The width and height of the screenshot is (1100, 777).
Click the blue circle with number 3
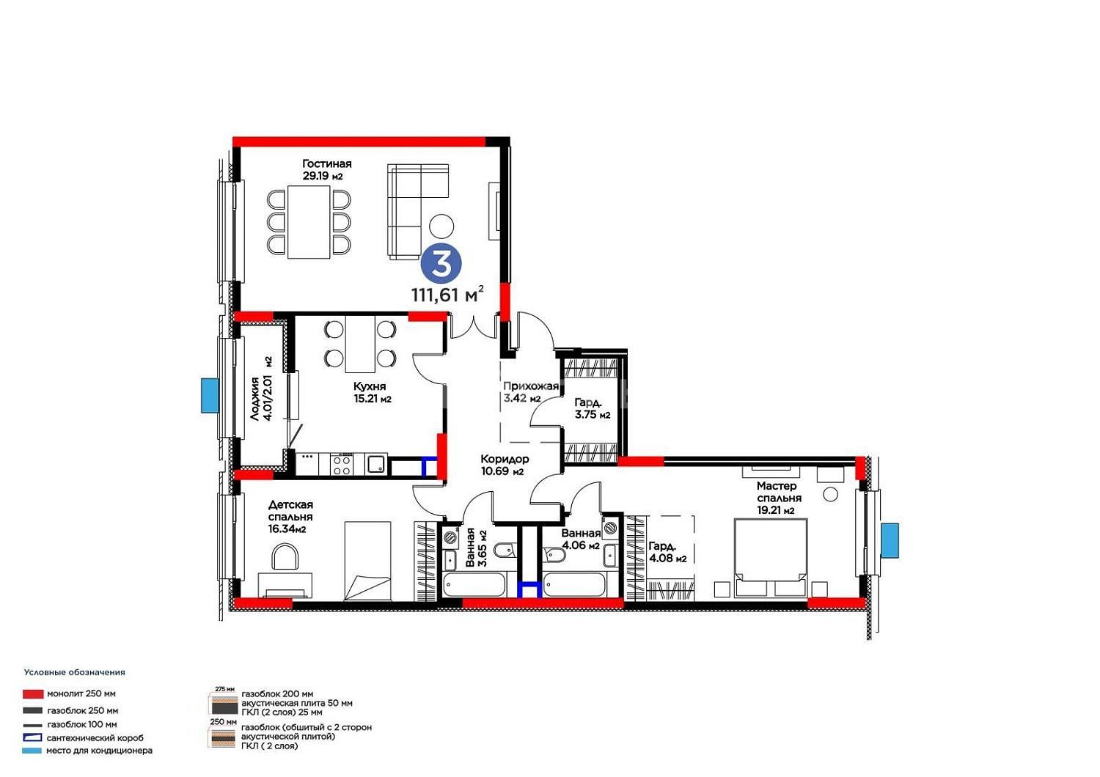tap(441, 264)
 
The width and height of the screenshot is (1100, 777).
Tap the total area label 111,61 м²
tap(447, 294)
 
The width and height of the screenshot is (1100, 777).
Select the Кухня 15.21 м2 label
tap(373, 392)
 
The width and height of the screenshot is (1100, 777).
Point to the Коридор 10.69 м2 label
tap(505, 465)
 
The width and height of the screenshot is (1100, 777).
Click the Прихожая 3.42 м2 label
tap(531, 391)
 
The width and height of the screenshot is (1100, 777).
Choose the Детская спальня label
tap(290, 516)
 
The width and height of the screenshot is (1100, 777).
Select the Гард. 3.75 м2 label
tap(593, 408)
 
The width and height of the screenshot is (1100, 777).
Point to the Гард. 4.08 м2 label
tap(667, 552)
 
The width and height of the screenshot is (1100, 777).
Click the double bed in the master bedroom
tap(771, 558)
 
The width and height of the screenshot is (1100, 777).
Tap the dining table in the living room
tap(309, 221)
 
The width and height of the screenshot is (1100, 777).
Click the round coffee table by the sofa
tap(441, 227)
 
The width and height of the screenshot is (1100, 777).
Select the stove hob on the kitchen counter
tap(341, 464)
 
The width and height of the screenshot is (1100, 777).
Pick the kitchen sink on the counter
tap(377, 464)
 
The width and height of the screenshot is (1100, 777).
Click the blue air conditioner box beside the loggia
tap(210, 396)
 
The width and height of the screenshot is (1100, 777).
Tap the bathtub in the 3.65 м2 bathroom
tap(474, 585)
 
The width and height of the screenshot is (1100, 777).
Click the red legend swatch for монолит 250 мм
tap(33, 694)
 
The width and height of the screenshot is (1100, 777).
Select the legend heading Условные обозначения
tap(75, 672)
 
